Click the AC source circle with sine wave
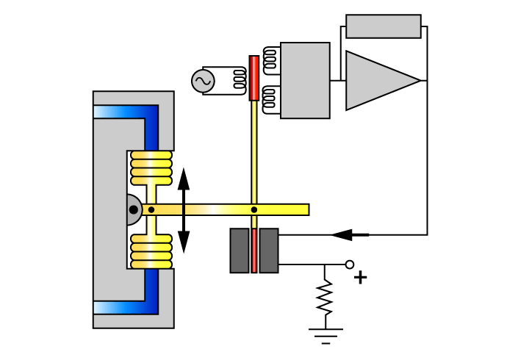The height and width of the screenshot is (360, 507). click(x=203, y=81)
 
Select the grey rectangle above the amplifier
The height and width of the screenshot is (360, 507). click(x=383, y=26)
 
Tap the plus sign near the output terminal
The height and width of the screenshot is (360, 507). click(x=360, y=277)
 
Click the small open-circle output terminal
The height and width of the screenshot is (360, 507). click(x=350, y=264)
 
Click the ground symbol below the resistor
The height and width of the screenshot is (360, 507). click(x=326, y=335)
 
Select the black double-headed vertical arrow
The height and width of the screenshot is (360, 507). click(x=184, y=210)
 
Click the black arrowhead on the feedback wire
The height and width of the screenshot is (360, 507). click(x=342, y=235)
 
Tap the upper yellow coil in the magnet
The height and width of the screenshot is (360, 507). click(x=151, y=168)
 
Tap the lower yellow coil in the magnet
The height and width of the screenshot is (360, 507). click(x=151, y=251)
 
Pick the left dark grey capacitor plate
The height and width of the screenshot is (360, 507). click(x=240, y=251)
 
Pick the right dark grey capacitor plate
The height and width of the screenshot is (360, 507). click(x=269, y=251)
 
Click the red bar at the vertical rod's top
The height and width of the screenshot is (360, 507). click(x=253, y=78)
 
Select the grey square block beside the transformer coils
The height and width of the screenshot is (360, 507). click(x=305, y=80)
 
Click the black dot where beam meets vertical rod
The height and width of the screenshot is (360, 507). click(x=254, y=210)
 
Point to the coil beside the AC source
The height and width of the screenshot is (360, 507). click(x=238, y=80)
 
